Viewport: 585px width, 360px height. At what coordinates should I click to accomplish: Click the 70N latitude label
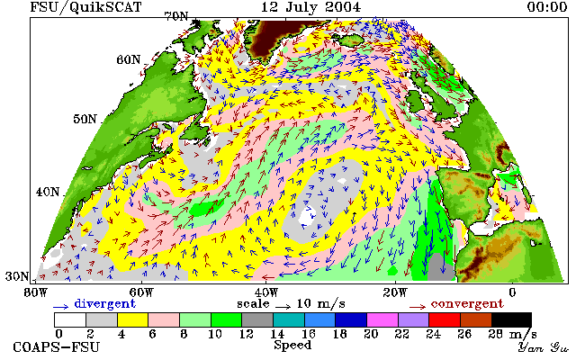[176, 17]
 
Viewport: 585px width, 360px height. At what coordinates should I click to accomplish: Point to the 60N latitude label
[129, 59]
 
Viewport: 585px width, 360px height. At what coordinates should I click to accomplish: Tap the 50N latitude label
[85, 120]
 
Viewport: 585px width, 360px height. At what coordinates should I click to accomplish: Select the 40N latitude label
[48, 192]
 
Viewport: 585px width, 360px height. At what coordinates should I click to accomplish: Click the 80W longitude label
[36, 292]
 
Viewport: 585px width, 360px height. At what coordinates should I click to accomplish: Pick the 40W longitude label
[266, 292]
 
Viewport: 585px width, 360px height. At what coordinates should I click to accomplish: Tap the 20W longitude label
[395, 292]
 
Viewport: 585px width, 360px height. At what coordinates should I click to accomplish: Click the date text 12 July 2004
[310, 7]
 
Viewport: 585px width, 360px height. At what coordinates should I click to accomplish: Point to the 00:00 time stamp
[547, 7]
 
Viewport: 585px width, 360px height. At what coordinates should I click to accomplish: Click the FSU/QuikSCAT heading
[85, 7]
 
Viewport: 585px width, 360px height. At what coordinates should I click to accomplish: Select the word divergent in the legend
[104, 304]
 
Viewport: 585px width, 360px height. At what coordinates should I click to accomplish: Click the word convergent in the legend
[467, 304]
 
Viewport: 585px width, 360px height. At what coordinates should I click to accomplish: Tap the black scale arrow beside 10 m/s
[283, 307]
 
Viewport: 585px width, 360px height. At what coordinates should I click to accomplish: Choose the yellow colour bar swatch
[133, 320]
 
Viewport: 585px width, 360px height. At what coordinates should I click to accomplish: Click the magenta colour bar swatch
[382, 320]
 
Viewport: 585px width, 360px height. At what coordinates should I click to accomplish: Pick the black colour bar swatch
[511, 320]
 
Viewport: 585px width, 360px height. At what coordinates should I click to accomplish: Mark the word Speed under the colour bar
[292, 345]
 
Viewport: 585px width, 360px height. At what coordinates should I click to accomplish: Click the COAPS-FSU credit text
[57, 347]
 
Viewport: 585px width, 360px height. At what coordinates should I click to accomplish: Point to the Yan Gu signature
[544, 347]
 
